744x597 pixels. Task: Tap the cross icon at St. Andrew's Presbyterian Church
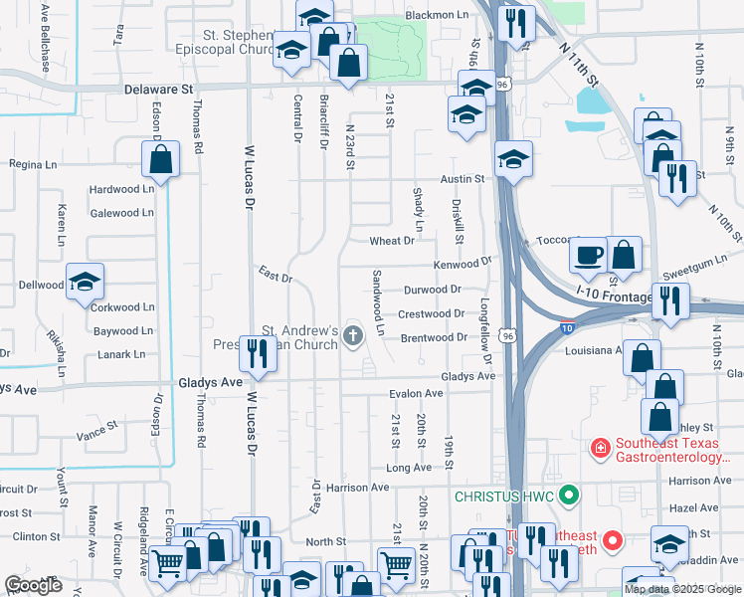351,338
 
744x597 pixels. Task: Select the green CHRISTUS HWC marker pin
568,494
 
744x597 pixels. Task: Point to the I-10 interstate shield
566,326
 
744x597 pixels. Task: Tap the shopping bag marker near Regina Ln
160,158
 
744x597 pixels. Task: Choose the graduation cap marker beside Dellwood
86,282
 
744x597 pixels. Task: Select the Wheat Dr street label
392,241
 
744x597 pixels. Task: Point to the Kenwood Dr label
463,265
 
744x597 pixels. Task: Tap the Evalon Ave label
415,394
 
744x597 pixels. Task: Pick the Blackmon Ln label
437,16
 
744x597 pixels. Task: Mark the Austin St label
463,179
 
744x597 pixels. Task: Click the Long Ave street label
409,467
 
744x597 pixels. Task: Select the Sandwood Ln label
378,295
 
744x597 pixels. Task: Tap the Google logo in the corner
34,585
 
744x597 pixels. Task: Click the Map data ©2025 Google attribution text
681,589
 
